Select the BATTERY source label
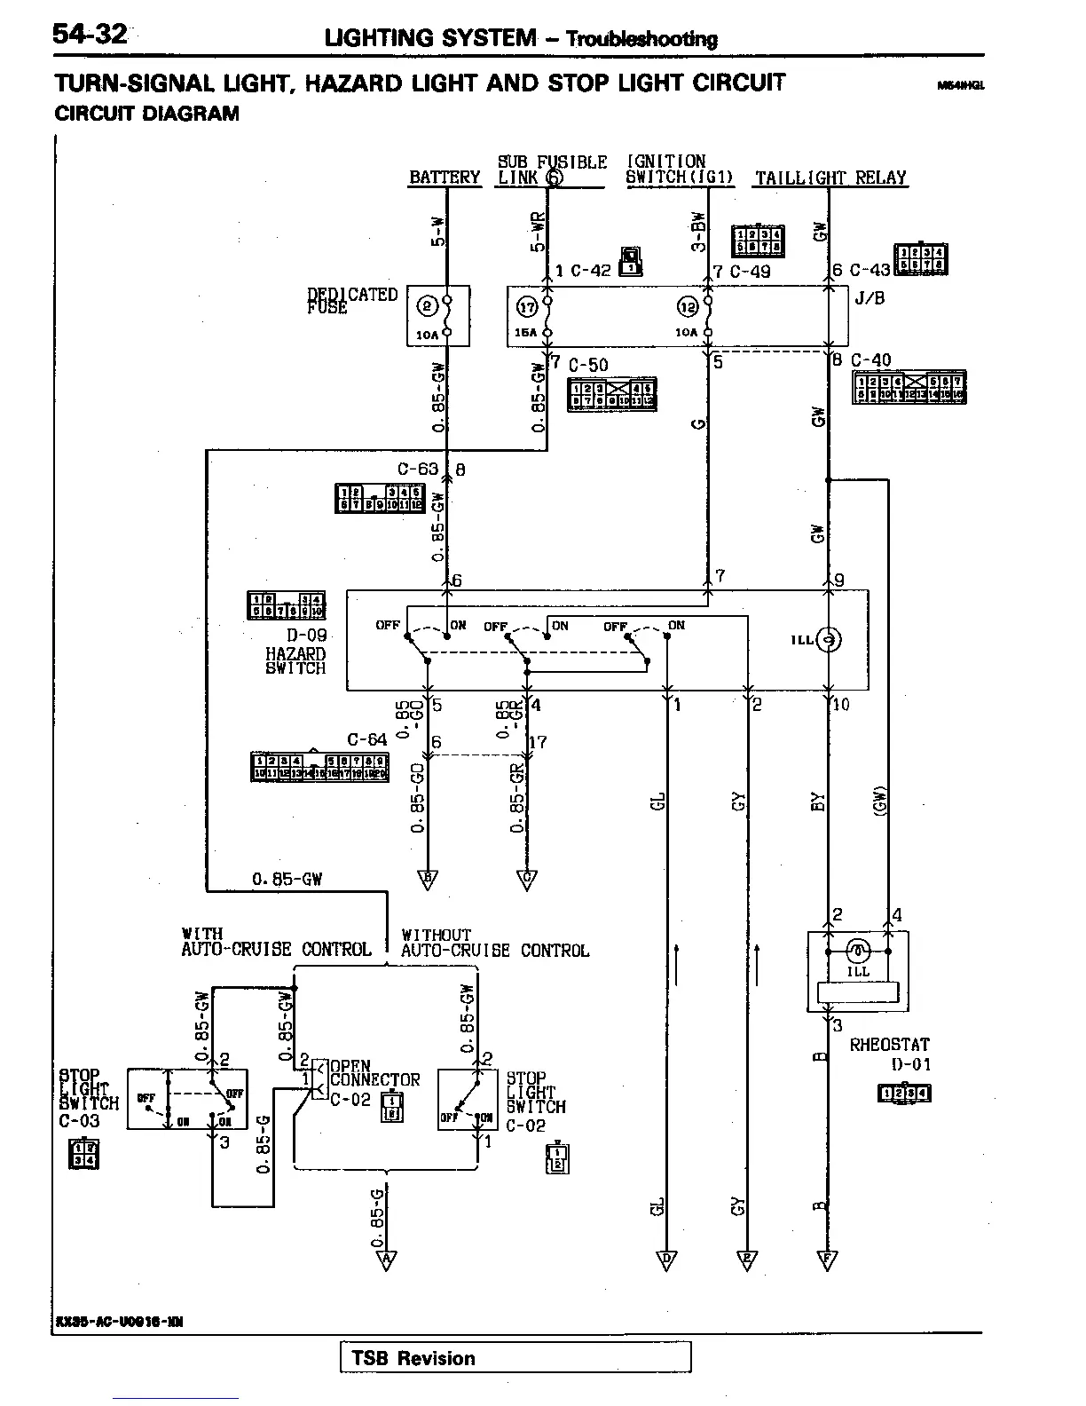pyautogui.click(x=445, y=178)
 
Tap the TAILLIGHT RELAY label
pyautogui.click(x=830, y=178)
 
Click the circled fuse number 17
pyautogui.click(x=528, y=307)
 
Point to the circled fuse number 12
pyautogui.click(x=688, y=307)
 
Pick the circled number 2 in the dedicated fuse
pyautogui.click(x=427, y=307)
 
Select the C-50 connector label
pyautogui.click(x=588, y=365)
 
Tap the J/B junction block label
pyautogui.click(x=870, y=298)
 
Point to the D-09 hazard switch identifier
pyautogui.click(x=306, y=636)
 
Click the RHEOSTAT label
pyautogui.click(x=889, y=1045)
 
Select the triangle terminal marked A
pyautogui.click(x=387, y=1260)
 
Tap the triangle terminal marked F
pyautogui.click(x=828, y=1260)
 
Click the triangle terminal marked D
pyautogui.click(x=666, y=1260)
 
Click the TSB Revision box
pyautogui.click(x=515, y=1357)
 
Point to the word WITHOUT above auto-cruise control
pyautogui.click(x=436, y=935)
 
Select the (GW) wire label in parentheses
pyautogui.click(x=879, y=801)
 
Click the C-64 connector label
pyautogui.click(x=367, y=739)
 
